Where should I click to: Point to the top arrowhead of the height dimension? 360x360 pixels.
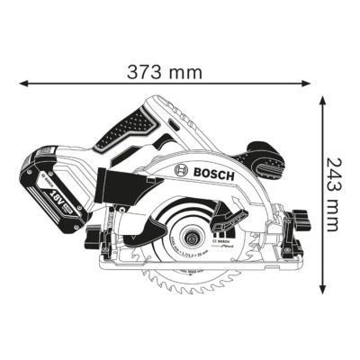tap(325, 101)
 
